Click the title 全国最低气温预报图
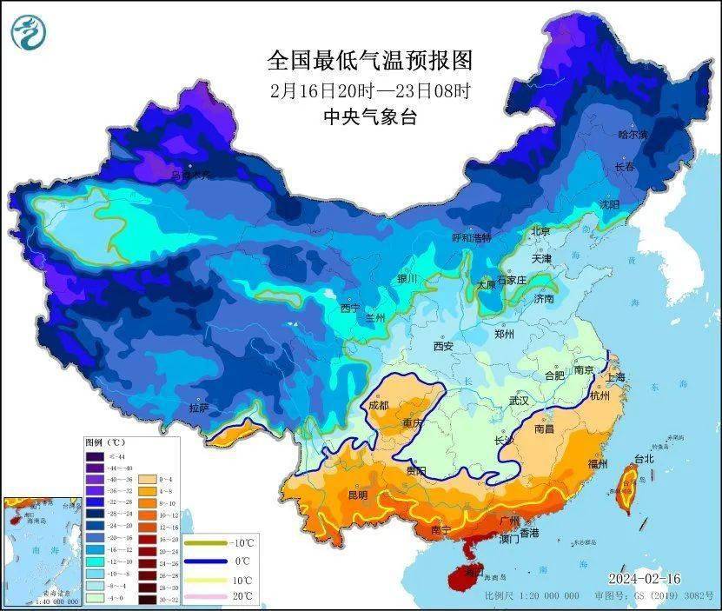point(370,61)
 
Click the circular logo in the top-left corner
point(30,33)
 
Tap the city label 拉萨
point(198,407)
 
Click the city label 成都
point(379,404)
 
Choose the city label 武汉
point(519,402)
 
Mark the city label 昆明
point(358,495)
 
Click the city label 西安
point(443,346)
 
